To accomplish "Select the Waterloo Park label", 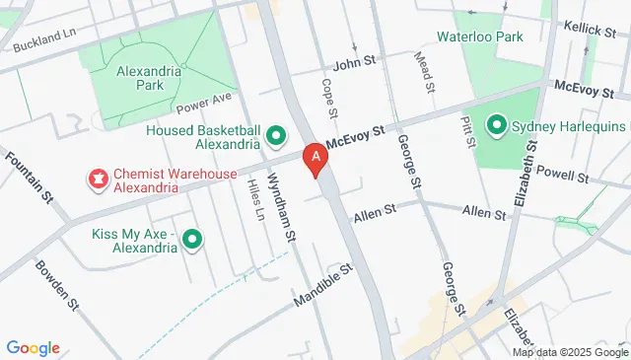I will pos(481,36).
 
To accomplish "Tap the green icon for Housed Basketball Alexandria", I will pos(277,136).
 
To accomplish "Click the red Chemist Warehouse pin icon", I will pos(99,179).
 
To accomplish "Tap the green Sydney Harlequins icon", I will pos(497,126).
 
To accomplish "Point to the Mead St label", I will pos(428,73).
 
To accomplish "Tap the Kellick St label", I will pos(591,31).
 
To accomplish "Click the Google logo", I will pos(33,347).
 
